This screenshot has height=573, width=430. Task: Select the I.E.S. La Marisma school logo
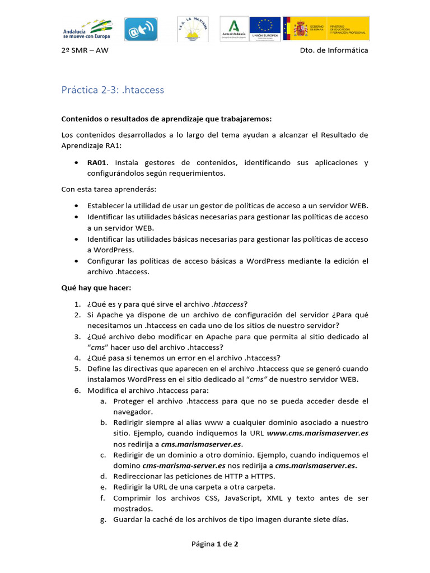tap(193, 29)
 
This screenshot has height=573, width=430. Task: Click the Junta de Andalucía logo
tap(233, 29)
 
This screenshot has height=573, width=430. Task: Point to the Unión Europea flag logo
tap(265, 29)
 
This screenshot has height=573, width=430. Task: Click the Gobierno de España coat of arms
tap(297, 28)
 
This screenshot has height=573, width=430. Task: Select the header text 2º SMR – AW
tap(85, 50)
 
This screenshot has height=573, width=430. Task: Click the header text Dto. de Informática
tap(334, 50)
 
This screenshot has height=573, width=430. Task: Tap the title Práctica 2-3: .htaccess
tap(113, 90)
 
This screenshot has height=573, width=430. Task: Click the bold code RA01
tap(97, 163)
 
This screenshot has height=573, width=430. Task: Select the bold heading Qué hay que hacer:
tap(96, 288)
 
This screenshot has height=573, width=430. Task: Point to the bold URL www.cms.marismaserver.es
tap(317, 433)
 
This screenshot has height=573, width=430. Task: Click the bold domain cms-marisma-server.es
tap(184, 465)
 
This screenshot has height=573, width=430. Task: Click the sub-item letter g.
tap(104, 519)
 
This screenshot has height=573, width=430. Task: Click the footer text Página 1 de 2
tap(215, 543)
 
